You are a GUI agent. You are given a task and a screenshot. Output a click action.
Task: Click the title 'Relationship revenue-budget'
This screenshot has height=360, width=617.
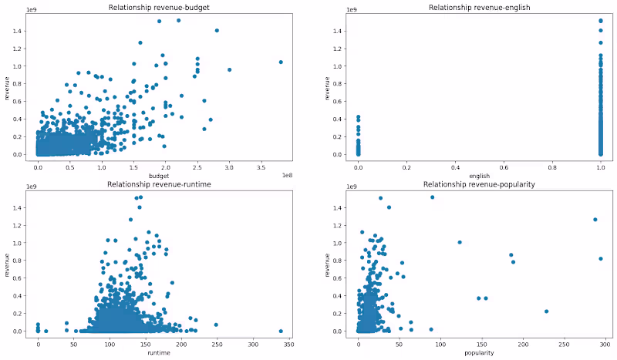160,8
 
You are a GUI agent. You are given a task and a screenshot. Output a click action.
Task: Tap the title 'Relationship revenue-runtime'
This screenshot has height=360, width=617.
160,185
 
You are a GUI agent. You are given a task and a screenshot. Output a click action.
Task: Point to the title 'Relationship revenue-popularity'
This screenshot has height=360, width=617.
479,185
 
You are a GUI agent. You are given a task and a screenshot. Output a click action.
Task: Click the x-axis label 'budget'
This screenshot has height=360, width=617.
160,177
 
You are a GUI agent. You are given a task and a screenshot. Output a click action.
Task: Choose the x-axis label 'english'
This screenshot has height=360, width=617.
479,177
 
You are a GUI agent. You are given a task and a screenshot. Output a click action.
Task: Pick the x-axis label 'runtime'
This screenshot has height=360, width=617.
160,354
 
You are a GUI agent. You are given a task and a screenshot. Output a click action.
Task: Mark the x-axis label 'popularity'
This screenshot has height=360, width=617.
479,354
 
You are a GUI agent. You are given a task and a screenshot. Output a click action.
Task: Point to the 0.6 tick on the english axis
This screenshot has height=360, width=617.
504,167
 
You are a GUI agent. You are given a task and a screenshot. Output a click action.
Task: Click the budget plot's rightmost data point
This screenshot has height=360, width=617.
281,62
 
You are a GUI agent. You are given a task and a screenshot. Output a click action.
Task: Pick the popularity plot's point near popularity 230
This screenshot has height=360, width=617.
546,311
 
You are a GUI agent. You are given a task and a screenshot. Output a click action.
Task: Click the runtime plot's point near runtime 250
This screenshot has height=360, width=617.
216,325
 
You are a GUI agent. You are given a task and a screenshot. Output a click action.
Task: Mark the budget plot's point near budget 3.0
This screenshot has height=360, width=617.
229,70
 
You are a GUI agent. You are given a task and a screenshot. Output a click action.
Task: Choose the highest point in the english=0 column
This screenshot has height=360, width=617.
358,117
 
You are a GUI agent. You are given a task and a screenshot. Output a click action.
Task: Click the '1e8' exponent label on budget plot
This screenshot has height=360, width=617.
287,174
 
